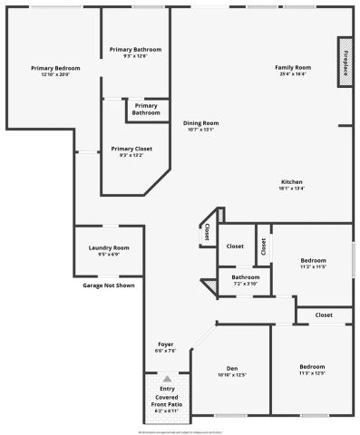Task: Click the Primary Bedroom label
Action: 54,68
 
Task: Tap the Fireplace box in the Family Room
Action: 345,63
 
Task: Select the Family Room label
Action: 293,68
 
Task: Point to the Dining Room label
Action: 200,122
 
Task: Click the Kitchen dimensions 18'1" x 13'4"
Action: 291,188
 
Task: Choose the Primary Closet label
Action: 131,149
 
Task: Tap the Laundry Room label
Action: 109,247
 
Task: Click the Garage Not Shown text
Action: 109,285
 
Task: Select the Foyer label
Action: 166,344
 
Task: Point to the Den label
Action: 231,367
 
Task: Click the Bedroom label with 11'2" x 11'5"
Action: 312,260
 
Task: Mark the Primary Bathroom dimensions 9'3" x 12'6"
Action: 135,55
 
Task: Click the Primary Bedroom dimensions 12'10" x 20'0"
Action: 54,74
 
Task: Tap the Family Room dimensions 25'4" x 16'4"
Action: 293,74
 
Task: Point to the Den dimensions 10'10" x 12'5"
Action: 231,374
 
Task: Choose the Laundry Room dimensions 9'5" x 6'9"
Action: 109,255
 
